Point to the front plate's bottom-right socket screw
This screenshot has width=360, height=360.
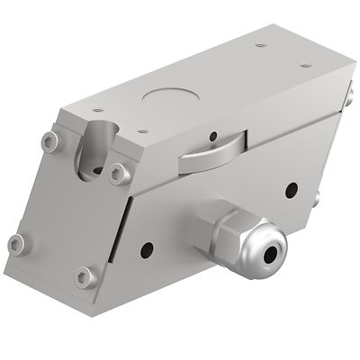[x=85, y=275]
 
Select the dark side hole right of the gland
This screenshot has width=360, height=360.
[x=290, y=191]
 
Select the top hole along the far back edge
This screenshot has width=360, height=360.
[x=260, y=45]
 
